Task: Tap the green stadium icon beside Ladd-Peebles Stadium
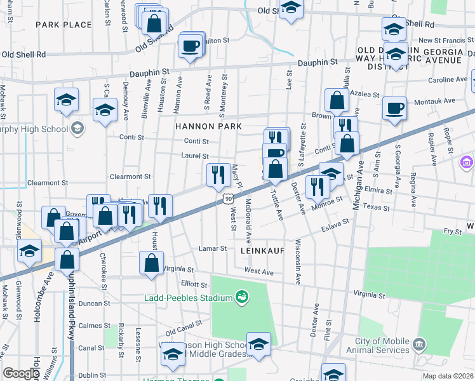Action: click(x=241, y=297)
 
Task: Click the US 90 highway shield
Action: click(x=227, y=199)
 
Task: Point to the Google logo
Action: click(x=22, y=373)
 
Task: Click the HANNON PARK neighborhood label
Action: click(x=209, y=126)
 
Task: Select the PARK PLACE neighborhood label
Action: click(x=64, y=25)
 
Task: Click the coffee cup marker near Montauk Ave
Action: click(x=395, y=107)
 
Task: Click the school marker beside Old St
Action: click(x=291, y=8)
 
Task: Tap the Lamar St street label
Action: click(x=212, y=248)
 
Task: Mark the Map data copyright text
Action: click(x=447, y=376)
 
